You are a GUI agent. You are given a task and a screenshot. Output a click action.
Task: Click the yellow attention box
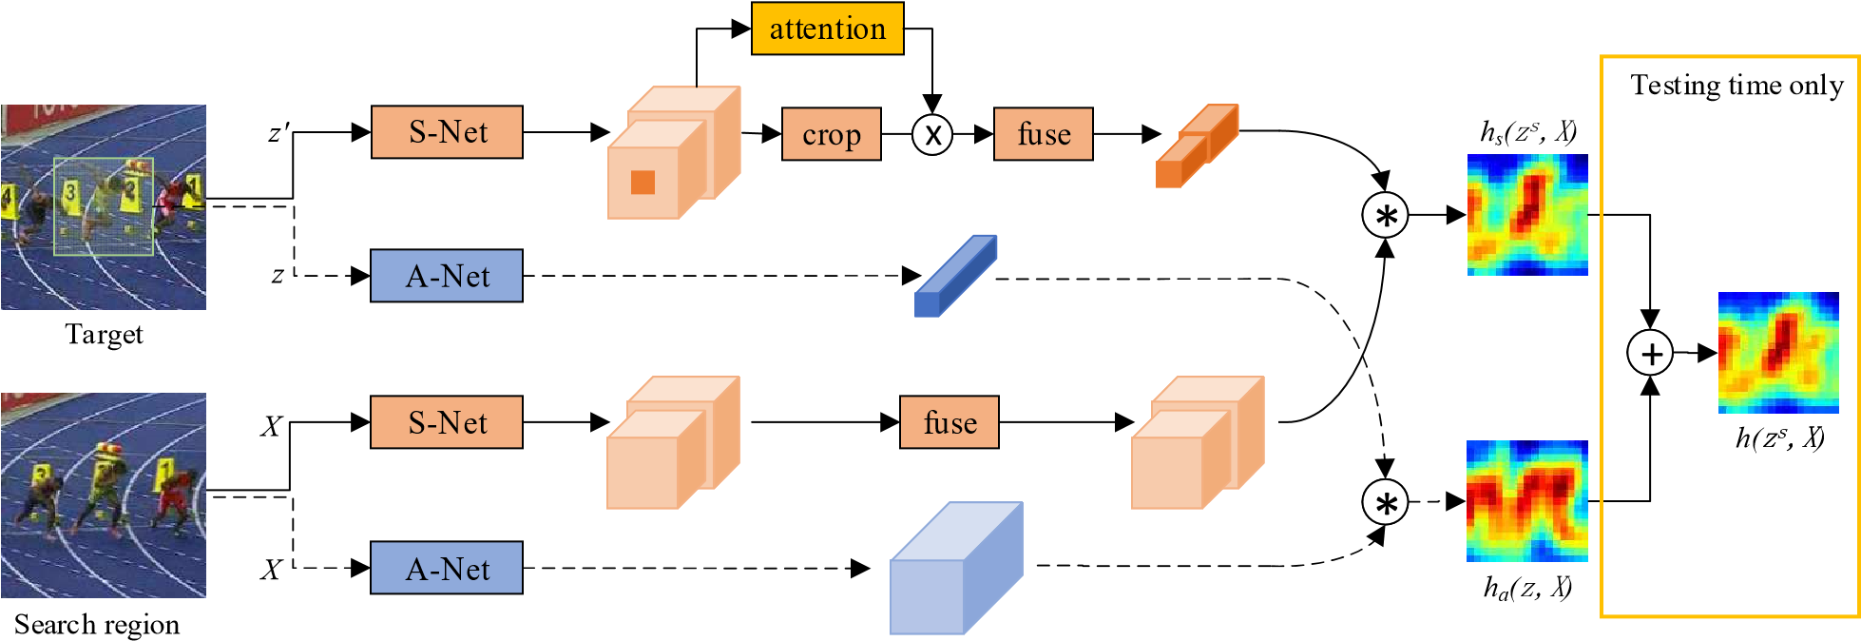coord(827,29)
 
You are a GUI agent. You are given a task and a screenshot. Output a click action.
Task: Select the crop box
coord(832,134)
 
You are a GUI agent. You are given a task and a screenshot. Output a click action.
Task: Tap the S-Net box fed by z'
coord(447,132)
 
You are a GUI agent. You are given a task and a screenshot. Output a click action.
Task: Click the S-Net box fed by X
coord(447,422)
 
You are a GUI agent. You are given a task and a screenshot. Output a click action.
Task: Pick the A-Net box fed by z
coord(447,276)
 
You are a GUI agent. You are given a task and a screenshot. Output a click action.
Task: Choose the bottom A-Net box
coord(447,568)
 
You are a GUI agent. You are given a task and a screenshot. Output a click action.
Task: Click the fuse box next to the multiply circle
coord(1044,134)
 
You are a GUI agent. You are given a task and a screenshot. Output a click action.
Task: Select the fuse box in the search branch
coord(950,422)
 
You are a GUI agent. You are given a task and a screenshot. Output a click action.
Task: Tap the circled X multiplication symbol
coord(932,134)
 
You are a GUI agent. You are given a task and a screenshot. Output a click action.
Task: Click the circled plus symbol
coord(1651,353)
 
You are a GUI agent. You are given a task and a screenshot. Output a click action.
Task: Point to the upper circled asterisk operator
coord(1386,215)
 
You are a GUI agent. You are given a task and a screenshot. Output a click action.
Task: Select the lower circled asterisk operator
coord(1386,502)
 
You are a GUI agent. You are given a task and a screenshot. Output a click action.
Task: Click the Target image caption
coord(104,335)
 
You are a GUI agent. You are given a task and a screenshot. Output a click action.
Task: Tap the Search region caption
coord(96,625)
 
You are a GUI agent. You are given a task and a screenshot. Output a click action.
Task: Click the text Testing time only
coord(1737,86)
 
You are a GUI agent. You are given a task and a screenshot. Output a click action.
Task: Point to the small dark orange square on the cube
coord(643,182)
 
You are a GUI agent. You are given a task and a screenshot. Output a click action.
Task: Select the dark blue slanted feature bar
coord(955,276)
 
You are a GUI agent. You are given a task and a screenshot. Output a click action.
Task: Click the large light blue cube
coord(956,568)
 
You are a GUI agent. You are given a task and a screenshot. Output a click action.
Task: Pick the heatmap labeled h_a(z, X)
coord(1527,501)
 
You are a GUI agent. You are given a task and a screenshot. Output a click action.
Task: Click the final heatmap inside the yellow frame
coord(1778,353)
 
